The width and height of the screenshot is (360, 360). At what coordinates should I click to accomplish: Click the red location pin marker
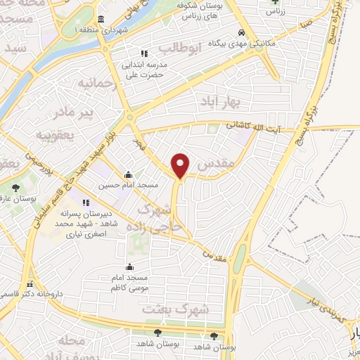(181, 165)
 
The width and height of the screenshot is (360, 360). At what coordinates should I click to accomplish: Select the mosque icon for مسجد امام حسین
(128, 175)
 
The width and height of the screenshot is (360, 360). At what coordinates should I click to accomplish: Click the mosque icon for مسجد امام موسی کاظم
(129, 266)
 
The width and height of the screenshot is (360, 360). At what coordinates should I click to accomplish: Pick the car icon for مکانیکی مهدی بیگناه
(241, 33)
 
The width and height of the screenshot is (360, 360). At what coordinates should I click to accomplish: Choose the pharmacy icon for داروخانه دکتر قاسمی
(30, 285)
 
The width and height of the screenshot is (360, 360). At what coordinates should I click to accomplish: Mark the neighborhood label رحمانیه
(94, 84)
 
